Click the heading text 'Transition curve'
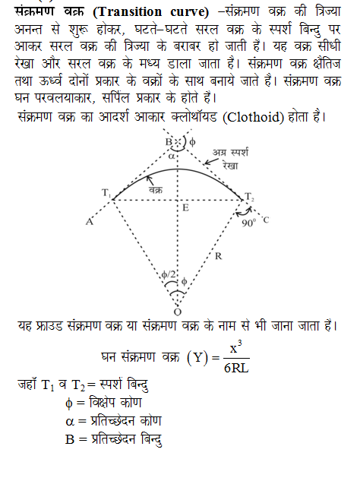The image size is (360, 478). click(x=137, y=9)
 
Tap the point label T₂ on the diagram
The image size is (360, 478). click(x=250, y=197)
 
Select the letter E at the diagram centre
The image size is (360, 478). click(x=185, y=207)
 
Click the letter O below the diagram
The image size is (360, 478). click(x=178, y=310)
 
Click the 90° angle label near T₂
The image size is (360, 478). click(x=246, y=223)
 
